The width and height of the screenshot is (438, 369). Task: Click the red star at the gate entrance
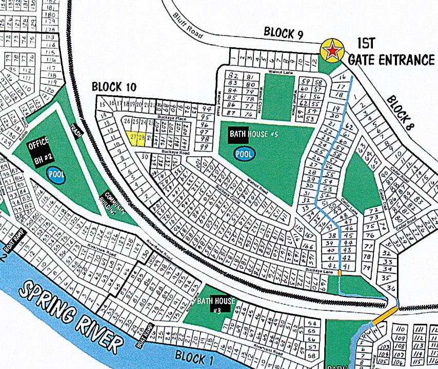(333, 51)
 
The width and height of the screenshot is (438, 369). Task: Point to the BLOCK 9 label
(284, 33)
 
